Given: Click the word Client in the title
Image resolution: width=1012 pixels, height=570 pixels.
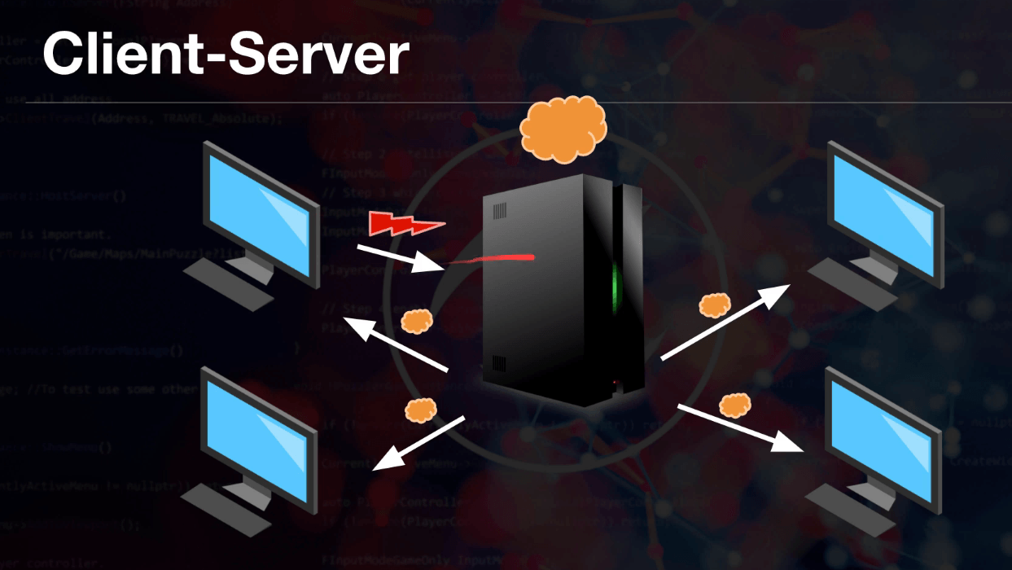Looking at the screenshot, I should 121,55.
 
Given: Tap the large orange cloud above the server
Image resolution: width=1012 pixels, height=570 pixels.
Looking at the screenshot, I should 563,129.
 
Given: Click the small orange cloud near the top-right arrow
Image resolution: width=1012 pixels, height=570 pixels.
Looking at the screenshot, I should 715,305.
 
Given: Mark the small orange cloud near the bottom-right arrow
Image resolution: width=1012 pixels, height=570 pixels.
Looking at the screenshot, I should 734,404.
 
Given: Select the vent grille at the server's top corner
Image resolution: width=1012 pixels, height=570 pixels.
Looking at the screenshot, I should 497,211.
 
